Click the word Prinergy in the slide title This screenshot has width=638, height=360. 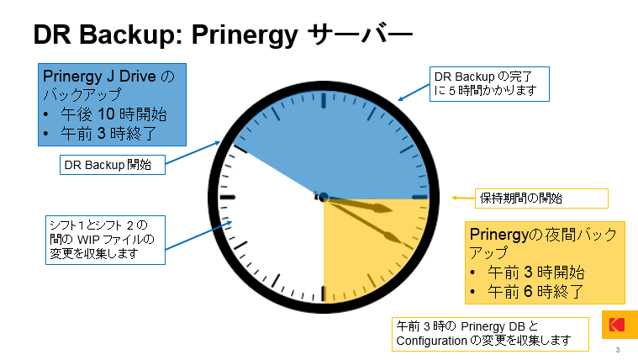pos(245,35)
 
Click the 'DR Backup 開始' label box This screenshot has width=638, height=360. pos(113,165)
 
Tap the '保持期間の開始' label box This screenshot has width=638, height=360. pos(541,199)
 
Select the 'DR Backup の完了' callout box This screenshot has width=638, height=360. pos(489,84)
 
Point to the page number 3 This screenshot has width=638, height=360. pos(618,350)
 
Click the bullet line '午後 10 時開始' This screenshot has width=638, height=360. pos(113,114)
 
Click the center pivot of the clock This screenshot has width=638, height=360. pos(324,198)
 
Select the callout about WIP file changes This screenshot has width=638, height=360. pos(105,240)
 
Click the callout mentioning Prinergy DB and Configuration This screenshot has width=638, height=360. pos(490,334)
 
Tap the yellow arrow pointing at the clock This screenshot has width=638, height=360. pos(463,199)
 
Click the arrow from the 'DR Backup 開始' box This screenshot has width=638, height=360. pos(192,152)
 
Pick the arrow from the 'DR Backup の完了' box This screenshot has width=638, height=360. pos(414,92)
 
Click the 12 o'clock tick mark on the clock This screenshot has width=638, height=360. pos(324,101)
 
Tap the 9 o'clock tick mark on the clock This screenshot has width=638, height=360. pos(228,198)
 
